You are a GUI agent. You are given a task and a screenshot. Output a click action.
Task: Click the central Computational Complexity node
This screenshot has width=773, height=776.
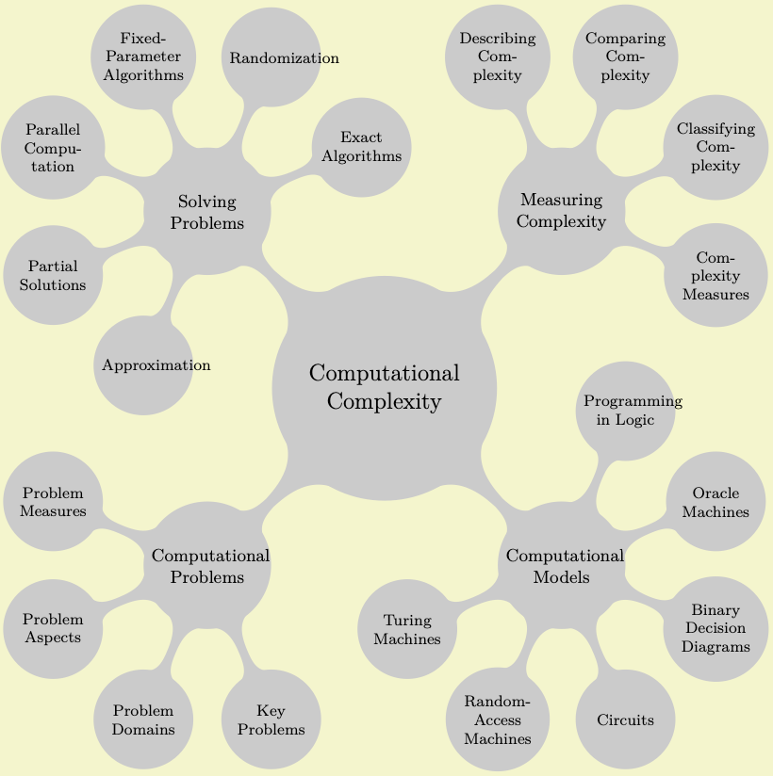pyautogui.click(x=384, y=388)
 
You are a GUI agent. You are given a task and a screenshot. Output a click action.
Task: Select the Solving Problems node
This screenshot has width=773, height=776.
pyautogui.click(x=206, y=213)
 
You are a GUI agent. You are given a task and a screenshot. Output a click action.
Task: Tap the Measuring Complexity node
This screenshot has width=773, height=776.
pyautogui.click(x=562, y=211)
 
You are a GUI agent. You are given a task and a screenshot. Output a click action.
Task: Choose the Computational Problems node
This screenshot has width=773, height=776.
pyautogui.click(x=206, y=566)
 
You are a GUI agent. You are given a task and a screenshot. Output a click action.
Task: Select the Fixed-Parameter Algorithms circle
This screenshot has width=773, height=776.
pyautogui.click(x=144, y=57)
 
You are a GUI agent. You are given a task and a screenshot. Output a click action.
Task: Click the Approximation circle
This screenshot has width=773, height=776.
pyautogui.click(x=144, y=365)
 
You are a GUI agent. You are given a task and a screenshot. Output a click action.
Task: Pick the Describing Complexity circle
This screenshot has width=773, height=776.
pyautogui.click(x=498, y=57)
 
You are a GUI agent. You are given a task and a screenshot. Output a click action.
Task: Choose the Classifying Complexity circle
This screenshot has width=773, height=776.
pyautogui.click(x=715, y=148)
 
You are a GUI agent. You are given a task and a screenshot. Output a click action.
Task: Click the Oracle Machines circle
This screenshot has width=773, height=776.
pyautogui.click(x=715, y=502)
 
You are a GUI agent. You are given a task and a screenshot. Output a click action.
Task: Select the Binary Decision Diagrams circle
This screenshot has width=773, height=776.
pyautogui.click(x=715, y=628)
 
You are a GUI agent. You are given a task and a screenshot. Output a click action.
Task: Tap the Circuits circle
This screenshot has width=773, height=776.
pyautogui.click(x=626, y=720)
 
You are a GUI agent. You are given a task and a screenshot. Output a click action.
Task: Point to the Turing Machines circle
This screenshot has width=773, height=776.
pyautogui.click(x=408, y=628)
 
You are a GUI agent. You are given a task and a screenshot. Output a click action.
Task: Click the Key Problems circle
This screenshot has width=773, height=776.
pyautogui.click(x=271, y=720)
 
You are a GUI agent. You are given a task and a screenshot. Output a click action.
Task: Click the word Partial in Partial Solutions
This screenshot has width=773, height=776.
pyautogui.click(x=53, y=267)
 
